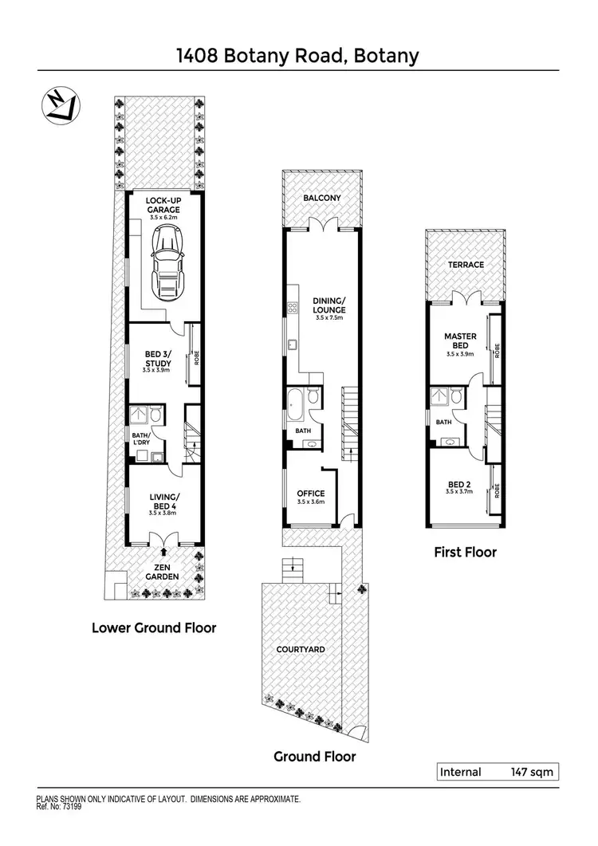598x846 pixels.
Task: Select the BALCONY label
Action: tap(322, 198)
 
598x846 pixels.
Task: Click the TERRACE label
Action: tap(466, 265)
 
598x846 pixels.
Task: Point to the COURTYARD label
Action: tap(300, 650)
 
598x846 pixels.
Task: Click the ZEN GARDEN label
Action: tap(162, 571)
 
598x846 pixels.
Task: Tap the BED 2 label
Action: tap(460, 484)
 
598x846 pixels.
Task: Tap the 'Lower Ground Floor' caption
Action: tap(154, 628)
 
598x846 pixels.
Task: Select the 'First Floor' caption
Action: tap(465, 552)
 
